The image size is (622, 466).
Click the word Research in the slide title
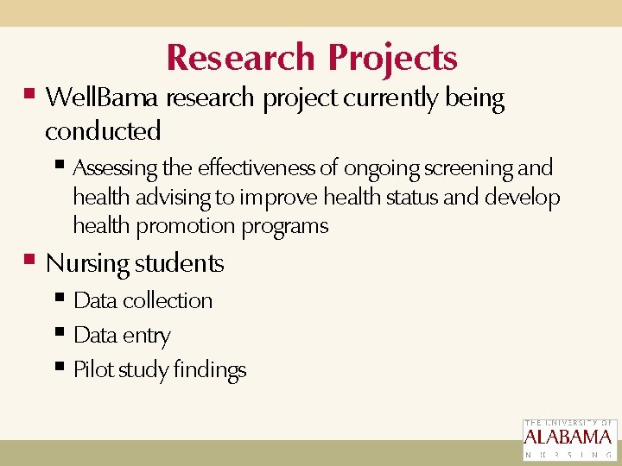[x=240, y=58]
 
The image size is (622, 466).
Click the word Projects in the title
[x=392, y=59]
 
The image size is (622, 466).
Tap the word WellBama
[x=102, y=98]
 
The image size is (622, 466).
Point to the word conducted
[x=103, y=131]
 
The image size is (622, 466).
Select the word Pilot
[x=92, y=370]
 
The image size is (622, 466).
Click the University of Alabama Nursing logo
[x=569, y=439]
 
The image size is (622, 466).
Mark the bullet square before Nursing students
[x=30, y=259]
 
